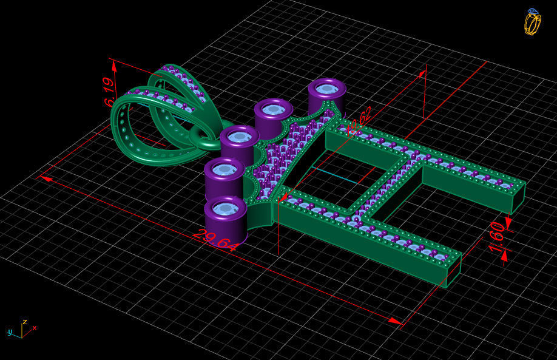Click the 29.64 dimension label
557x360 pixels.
tap(216, 239)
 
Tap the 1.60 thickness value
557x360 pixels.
tap(496, 237)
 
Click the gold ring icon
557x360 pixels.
tap(532, 22)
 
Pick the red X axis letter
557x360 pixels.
tap(35, 328)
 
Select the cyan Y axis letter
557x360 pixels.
tap(10, 332)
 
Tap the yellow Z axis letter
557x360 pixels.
tap(24, 322)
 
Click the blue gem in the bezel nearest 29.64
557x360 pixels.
tap(226, 208)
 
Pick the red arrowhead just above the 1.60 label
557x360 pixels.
tap(507, 225)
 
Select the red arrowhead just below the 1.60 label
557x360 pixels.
tap(504, 256)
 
